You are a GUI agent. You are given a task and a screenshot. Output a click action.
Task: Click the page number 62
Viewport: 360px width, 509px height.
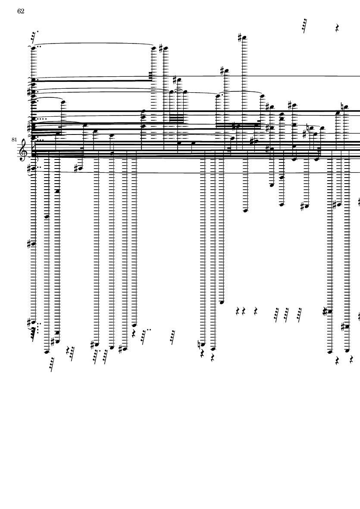pos(21,11)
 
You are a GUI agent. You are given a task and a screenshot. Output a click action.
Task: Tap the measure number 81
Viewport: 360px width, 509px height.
pos(14,139)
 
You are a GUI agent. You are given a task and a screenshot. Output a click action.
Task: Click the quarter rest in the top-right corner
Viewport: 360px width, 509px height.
pos(338,28)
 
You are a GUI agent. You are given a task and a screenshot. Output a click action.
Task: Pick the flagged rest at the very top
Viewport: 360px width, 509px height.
pos(305,26)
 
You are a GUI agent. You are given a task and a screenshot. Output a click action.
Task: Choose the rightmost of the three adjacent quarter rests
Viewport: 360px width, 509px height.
pos(256,311)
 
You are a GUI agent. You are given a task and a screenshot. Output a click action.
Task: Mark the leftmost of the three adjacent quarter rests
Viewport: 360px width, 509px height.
pos(238,311)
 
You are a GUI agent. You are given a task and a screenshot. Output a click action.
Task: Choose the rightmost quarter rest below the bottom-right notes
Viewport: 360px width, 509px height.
pos(352,359)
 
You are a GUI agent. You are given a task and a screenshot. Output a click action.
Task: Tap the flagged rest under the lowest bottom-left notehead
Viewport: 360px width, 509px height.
pos(52,364)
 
